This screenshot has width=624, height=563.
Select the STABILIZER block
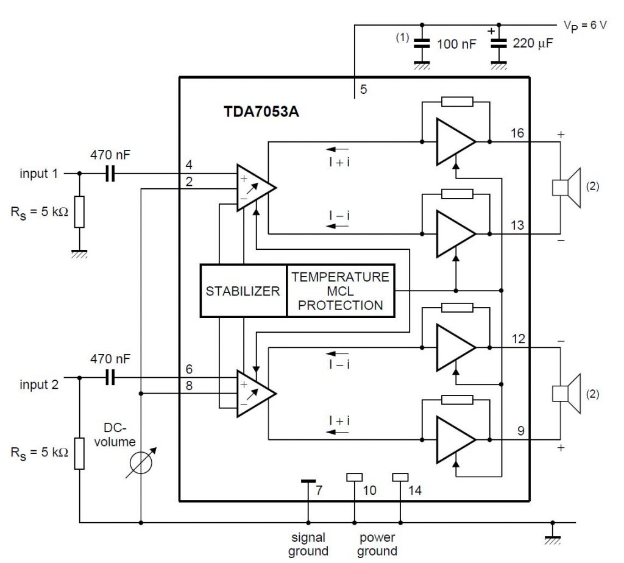243,291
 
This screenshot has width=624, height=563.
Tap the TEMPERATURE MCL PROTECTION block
340,291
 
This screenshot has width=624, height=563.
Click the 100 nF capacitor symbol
419,44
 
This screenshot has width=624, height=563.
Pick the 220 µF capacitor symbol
499,44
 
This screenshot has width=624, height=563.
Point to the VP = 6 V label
584,26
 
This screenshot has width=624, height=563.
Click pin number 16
517,133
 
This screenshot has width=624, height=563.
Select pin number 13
517,226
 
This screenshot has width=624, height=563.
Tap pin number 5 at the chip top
363,90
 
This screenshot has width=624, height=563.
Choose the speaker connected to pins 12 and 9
566,394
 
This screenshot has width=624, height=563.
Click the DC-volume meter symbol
141,462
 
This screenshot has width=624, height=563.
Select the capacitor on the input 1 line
110,174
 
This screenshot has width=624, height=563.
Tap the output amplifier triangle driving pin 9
455,439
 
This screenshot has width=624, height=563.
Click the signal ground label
308,544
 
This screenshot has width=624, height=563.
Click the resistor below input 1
79,211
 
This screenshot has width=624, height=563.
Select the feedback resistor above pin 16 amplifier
456,101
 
